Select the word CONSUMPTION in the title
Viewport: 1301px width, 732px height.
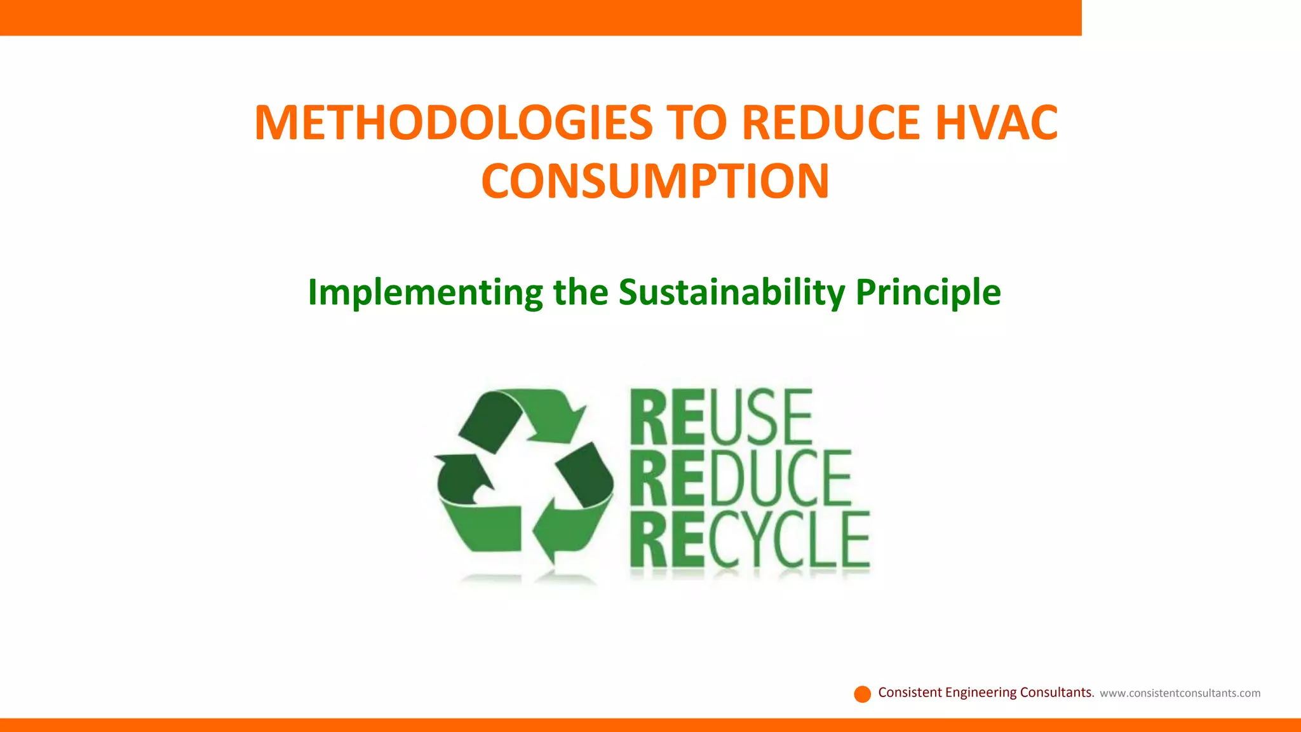pos(655,182)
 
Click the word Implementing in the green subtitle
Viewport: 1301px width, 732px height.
pos(425,293)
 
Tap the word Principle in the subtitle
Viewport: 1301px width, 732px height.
pos(928,293)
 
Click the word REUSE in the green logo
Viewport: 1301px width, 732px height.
pos(721,417)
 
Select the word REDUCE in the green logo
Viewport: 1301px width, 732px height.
pos(740,478)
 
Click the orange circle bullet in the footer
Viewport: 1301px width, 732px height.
pos(862,694)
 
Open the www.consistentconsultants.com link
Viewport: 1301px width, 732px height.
pos(1180,693)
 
